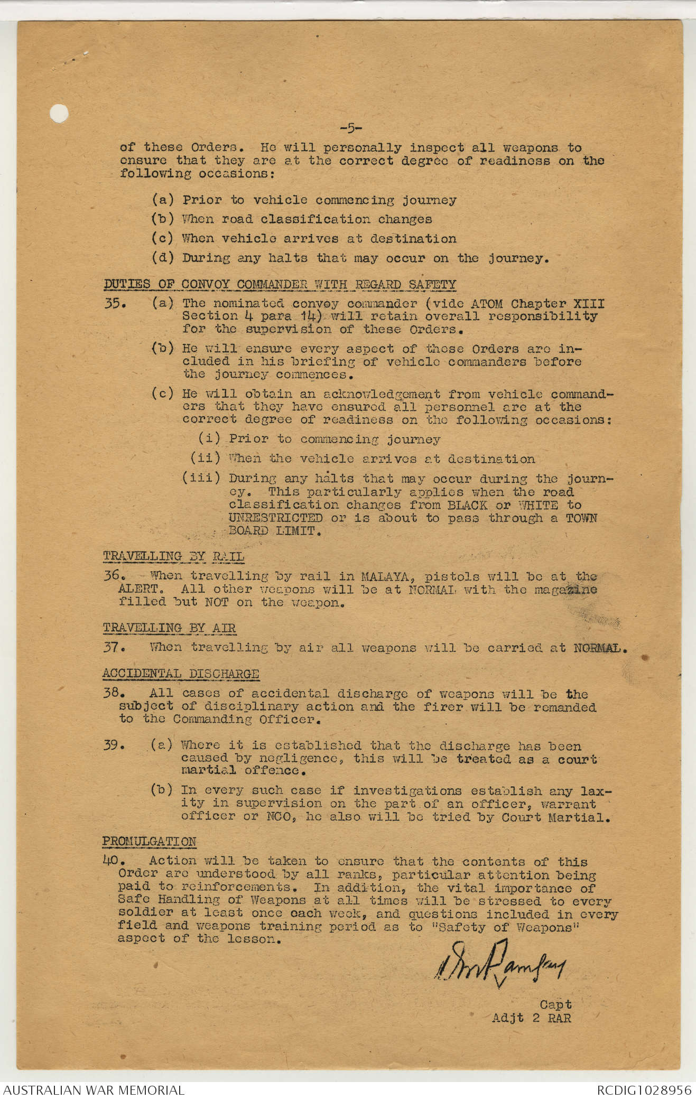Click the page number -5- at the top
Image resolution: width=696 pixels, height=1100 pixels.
pyautogui.click(x=350, y=128)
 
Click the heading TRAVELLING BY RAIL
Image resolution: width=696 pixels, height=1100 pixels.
pyautogui.click(x=173, y=556)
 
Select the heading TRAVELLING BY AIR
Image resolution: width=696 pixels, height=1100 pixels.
pyautogui.click(x=169, y=628)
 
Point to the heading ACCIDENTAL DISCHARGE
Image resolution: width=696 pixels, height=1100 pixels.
pyautogui.click(x=180, y=674)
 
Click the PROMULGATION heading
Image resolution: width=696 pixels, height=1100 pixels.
pyautogui.click(x=149, y=841)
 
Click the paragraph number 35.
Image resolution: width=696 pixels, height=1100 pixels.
pyautogui.click(x=114, y=304)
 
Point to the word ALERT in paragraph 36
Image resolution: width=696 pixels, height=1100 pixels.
pyautogui.click(x=138, y=589)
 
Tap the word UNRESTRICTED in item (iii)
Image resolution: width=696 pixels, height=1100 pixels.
pyautogui.click(x=275, y=518)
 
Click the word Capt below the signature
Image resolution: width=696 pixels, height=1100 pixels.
pyautogui.click(x=555, y=1004)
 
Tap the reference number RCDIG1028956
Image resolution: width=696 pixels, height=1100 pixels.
pyautogui.click(x=644, y=1090)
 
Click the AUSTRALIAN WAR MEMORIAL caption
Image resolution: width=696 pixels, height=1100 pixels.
pyautogui.click(x=94, y=1090)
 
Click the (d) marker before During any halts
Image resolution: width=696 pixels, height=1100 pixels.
pyautogui.click(x=162, y=258)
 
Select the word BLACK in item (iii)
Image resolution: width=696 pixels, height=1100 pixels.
pyautogui.click(x=467, y=505)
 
